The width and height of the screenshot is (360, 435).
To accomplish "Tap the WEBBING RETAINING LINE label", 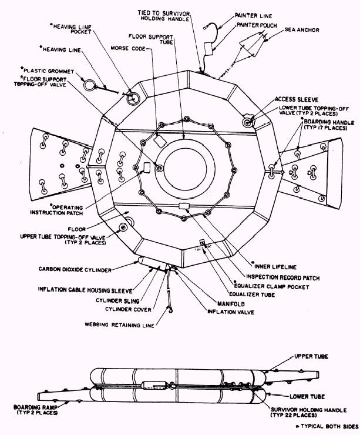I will (x=116, y=323).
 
